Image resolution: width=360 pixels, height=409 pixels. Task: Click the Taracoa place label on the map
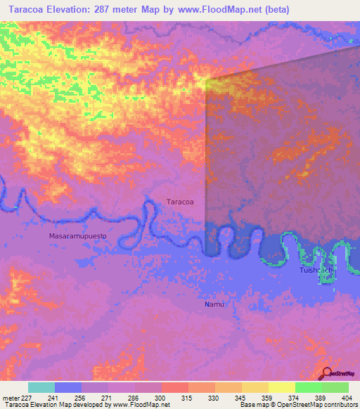pos(180,202)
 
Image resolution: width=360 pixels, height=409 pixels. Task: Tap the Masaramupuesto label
pos(78,236)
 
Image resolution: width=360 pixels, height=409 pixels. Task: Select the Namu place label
pos(214,304)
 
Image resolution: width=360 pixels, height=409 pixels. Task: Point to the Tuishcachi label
pos(316,270)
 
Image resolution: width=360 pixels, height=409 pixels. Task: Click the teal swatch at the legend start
pos(41,387)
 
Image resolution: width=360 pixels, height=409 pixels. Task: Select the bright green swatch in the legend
pos(308,387)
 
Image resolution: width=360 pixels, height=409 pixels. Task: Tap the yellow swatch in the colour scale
pos(281,387)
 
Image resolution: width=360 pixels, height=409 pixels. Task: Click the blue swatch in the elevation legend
pos(68,387)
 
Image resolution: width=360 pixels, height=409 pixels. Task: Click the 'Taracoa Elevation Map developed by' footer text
pos(56,405)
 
